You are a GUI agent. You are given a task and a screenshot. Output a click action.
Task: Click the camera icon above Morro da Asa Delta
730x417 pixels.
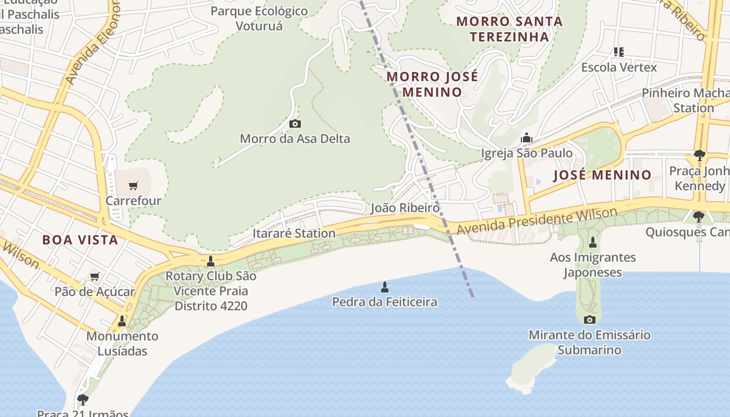pyautogui.click(x=295, y=124)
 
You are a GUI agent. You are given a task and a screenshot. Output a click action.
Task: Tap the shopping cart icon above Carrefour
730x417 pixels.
pyautogui.click(x=133, y=185)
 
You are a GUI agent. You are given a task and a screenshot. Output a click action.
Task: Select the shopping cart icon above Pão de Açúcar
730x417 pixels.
pyautogui.click(x=94, y=277)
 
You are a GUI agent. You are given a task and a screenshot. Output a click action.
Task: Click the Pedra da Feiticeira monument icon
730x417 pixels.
pyautogui.click(x=385, y=287)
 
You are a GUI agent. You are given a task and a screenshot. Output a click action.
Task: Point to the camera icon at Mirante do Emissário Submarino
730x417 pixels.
pyautogui.click(x=590, y=320)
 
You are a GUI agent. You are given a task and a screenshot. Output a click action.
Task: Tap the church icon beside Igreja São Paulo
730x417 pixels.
pyautogui.click(x=526, y=138)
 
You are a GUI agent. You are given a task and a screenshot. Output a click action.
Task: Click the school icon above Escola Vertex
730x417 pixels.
pyautogui.click(x=619, y=52)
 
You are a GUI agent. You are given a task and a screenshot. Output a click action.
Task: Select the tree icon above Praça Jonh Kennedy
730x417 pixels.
pyautogui.click(x=699, y=155)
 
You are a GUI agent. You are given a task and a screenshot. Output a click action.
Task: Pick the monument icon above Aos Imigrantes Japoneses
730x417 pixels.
pyautogui.click(x=592, y=242)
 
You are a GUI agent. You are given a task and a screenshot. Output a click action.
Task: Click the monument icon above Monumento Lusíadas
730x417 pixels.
pyautogui.click(x=122, y=321)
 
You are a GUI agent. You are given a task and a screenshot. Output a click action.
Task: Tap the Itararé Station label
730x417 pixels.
pyautogui.click(x=294, y=233)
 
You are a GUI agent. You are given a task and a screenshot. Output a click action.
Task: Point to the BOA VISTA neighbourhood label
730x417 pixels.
pyautogui.click(x=80, y=240)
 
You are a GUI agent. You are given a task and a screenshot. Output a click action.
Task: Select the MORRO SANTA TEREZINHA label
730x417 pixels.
pyautogui.click(x=509, y=29)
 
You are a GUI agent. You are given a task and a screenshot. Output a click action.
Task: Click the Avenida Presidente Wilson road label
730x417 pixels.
pyautogui.click(x=537, y=220)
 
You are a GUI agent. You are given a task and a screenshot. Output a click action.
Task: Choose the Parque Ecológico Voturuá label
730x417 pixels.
pyautogui.click(x=259, y=18)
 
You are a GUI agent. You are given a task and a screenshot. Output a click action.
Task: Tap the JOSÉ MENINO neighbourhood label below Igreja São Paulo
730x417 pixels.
pyautogui.click(x=602, y=175)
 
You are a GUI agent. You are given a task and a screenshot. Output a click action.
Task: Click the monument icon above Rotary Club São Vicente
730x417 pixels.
pyautogui.click(x=211, y=261)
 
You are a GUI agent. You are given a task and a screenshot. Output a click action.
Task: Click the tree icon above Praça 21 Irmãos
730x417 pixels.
pyautogui.click(x=82, y=400)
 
